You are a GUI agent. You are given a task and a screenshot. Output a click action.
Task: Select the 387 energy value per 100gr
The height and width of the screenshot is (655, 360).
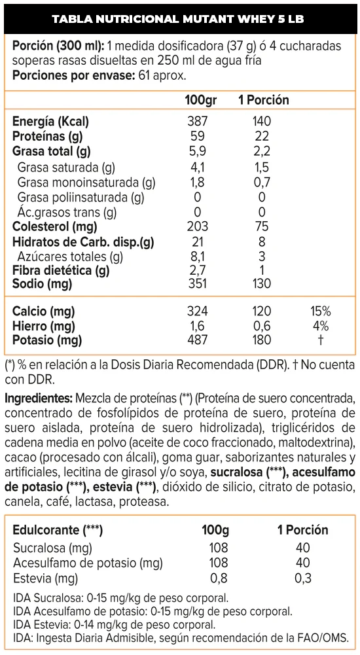[197, 121]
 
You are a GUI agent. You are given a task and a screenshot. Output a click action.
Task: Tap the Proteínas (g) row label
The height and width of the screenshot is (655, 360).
[48, 137]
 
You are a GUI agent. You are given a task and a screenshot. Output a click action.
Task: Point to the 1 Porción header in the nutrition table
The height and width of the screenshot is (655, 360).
[264, 100]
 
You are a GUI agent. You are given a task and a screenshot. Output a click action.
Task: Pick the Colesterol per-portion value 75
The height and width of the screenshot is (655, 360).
[261, 226]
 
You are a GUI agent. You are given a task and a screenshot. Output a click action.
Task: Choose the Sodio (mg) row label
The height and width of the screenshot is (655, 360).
[42, 284]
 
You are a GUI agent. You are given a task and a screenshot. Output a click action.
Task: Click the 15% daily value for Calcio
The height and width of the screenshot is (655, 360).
[320, 311]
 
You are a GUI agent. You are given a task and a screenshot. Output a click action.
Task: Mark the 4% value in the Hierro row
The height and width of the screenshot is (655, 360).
[320, 326]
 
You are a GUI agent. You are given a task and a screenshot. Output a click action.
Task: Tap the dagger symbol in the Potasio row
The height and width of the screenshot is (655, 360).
[320, 340]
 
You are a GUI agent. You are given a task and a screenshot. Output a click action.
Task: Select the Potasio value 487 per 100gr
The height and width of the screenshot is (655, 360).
[197, 340]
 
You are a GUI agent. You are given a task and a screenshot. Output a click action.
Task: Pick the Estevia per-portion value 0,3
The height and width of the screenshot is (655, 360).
[303, 578]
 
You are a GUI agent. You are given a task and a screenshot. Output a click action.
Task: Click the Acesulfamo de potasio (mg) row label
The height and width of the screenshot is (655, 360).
[88, 563]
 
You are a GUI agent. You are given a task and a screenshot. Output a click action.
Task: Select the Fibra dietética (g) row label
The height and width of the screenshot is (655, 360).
[61, 270]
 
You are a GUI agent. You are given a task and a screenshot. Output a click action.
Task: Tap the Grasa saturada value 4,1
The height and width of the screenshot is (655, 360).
[197, 168]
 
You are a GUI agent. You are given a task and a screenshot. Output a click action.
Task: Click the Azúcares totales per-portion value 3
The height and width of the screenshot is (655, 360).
[261, 257]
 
